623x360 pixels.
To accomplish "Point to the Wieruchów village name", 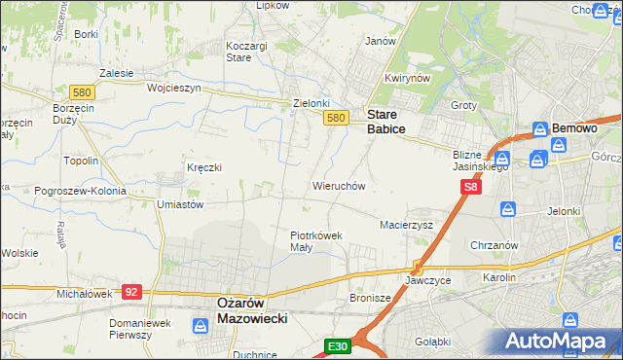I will [x=338, y=185].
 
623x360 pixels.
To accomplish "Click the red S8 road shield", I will [x=471, y=186].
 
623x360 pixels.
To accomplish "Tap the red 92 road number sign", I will [x=132, y=291].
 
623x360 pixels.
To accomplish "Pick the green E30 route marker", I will [x=337, y=345].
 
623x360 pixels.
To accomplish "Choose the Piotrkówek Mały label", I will [x=316, y=240].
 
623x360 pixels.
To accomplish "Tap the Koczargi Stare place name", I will [x=238, y=52].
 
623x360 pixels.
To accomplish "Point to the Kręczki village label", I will [x=204, y=167].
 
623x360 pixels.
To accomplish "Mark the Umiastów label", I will [x=179, y=204].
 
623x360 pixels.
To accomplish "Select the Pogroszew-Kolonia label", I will [x=66, y=191].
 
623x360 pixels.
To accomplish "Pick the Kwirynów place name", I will [x=407, y=78].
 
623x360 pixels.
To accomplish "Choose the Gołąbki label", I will [x=432, y=341].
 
